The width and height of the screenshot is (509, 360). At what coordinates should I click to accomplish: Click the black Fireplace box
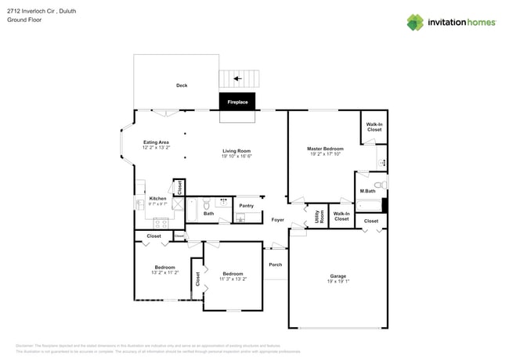[236, 102]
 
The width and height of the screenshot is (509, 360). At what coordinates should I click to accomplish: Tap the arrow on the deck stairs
[238, 78]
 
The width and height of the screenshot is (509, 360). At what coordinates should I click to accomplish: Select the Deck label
[182, 85]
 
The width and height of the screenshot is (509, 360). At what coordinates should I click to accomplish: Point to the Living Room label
[236, 150]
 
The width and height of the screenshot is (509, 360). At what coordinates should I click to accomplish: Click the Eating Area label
[156, 142]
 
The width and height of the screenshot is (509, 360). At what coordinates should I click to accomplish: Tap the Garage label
[338, 275]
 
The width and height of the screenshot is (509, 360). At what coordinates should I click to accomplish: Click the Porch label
[275, 264]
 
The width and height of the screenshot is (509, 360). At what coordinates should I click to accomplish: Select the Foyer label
[277, 220]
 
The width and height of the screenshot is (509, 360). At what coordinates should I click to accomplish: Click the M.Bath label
[367, 191]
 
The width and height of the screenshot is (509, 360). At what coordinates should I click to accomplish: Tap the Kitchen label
[157, 198]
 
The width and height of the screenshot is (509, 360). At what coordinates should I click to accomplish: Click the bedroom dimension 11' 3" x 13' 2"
[233, 278]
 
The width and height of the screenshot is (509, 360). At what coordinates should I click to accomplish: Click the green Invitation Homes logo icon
[415, 22]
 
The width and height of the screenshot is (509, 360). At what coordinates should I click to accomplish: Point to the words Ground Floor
[23, 20]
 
